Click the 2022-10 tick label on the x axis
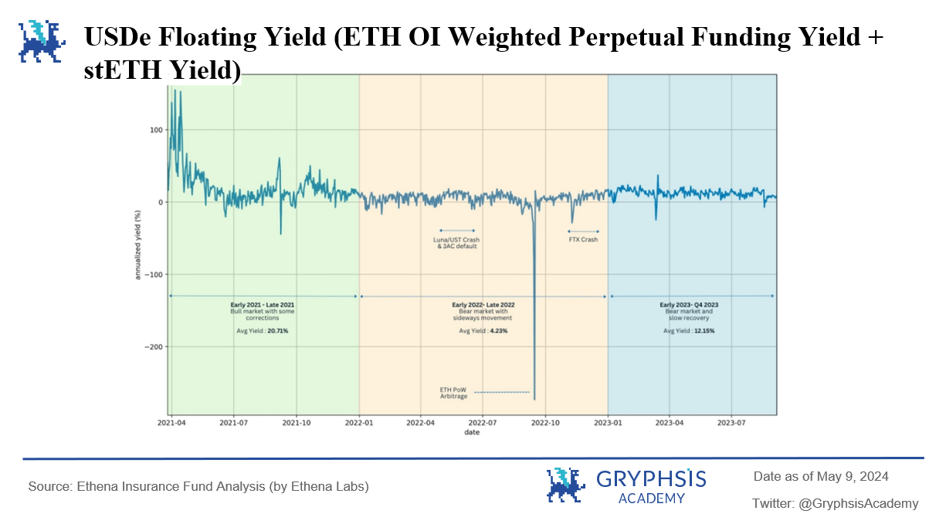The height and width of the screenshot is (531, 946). click(x=545, y=423)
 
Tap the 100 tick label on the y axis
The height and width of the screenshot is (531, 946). click(x=156, y=130)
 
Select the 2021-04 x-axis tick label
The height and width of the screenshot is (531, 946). click(x=171, y=423)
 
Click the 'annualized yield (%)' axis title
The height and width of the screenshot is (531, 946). click(x=137, y=245)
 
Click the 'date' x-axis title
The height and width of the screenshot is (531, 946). click(x=472, y=432)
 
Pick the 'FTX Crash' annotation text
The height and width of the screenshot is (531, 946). click(x=583, y=240)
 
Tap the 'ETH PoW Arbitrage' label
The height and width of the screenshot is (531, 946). click(x=453, y=393)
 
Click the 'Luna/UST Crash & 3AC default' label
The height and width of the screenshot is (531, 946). click(x=456, y=243)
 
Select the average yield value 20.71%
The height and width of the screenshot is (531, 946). click(x=278, y=331)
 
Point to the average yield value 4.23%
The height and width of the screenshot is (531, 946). click(x=499, y=331)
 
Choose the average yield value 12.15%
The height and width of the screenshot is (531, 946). click(x=704, y=331)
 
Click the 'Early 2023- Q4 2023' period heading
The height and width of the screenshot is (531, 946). click(x=689, y=305)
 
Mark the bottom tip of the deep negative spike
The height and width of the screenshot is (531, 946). click(x=534, y=400)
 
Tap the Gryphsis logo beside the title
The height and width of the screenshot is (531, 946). click(x=42, y=41)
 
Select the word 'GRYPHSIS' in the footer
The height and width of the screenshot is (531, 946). click(x=651, y=479)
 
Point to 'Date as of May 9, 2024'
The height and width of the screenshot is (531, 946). click(x=821, y=476)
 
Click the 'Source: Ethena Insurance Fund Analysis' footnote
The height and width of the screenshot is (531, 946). click(x=198, y=487)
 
